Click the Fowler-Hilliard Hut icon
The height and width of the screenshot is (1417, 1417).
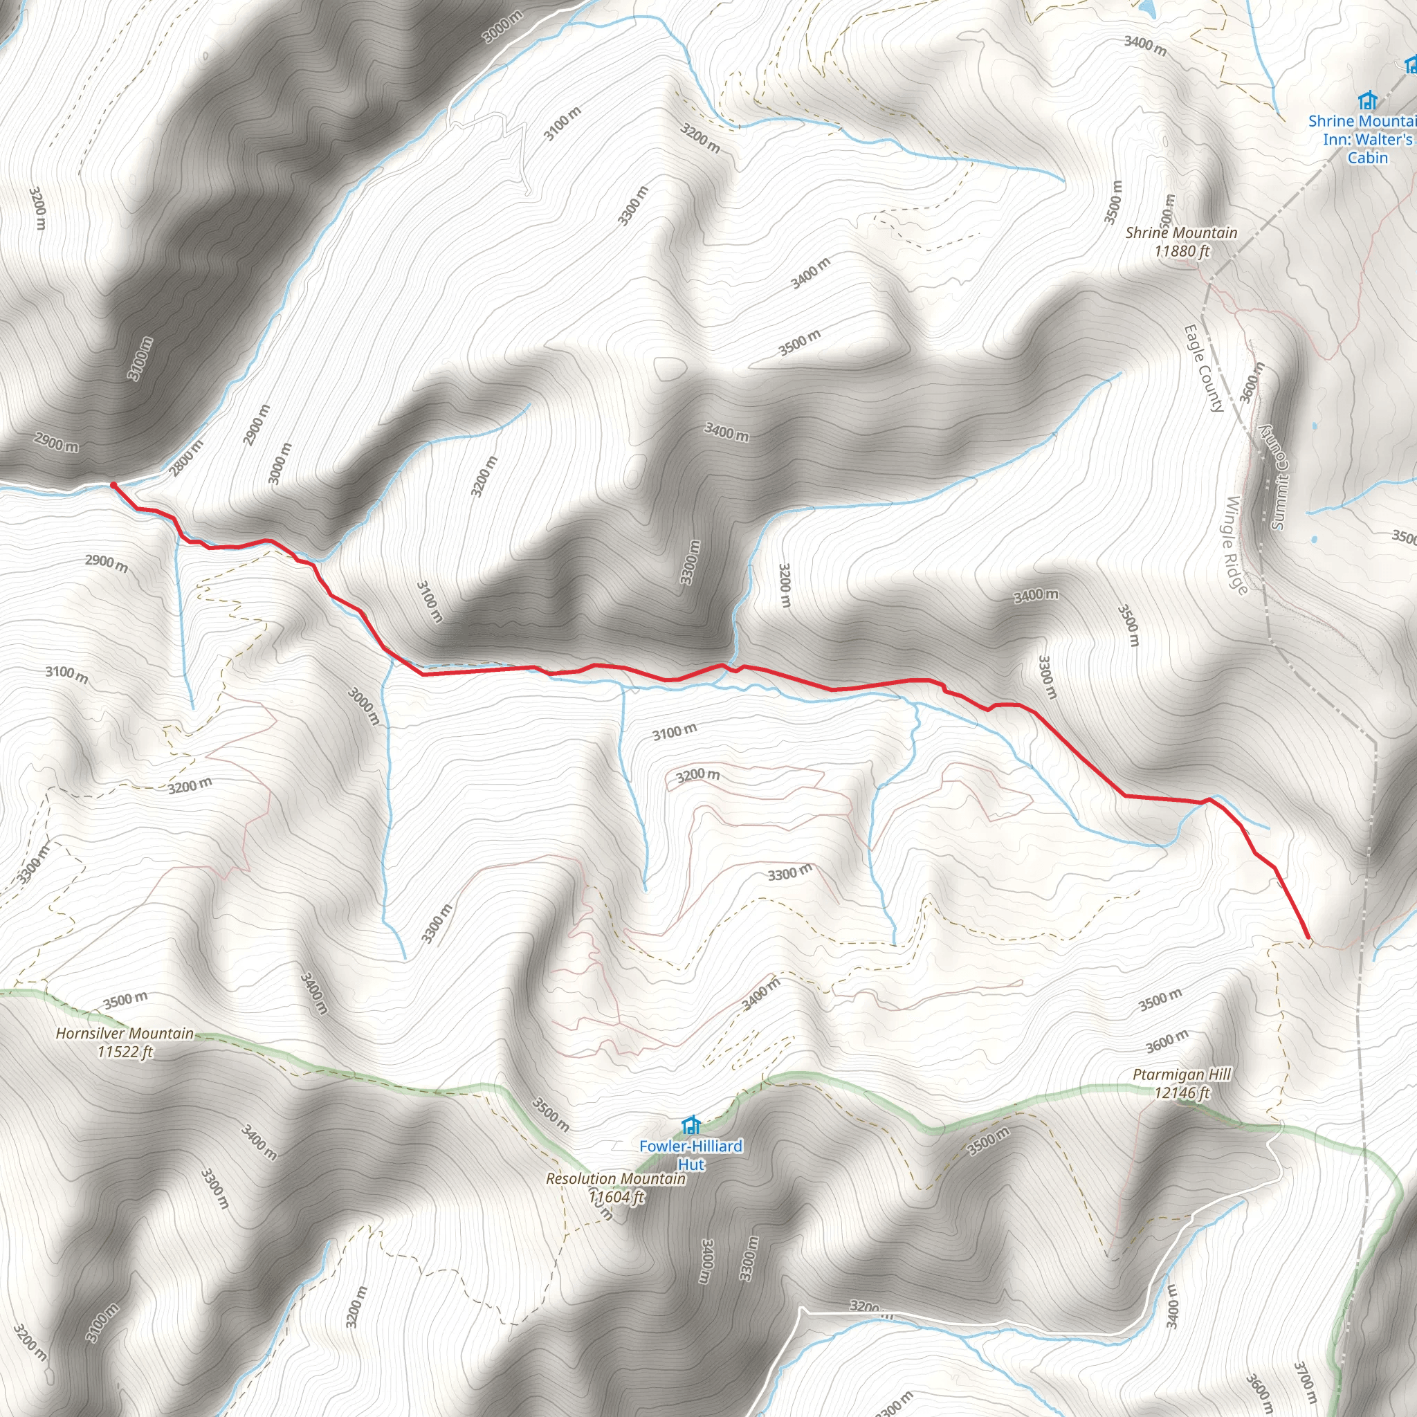(690, 1124)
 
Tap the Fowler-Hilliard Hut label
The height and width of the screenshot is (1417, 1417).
(690, 1155)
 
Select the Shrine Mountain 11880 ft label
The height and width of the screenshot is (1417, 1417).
(1181, 241)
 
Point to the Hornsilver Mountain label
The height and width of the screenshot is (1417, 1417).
(125, 1042)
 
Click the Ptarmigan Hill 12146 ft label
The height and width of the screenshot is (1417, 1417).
(1182, 1084)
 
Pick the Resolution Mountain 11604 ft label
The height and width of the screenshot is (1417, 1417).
(615, 1187)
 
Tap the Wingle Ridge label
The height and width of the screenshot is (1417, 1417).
(1236, 546)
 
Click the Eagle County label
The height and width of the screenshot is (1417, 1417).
(1204, 368)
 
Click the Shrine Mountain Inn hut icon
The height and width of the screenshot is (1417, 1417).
(1366, 100)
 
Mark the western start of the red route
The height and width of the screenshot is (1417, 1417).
(112, 484)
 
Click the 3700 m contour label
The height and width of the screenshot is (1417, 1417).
(1305, 1382)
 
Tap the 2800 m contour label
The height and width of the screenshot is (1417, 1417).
(187, 457)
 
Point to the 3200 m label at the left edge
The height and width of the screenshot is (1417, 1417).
(37, 208)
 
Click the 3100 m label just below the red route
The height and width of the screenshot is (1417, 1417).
(675, 731)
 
